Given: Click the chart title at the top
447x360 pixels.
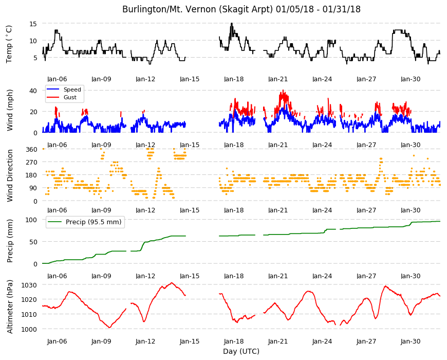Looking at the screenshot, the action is coord(241,9).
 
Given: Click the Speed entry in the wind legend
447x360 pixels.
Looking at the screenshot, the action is coord(72,89).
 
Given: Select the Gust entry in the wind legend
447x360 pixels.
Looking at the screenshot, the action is coord(70,97).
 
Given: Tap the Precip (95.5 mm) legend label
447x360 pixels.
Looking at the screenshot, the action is coord(94,222).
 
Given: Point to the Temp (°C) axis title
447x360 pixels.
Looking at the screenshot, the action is coord(9,44).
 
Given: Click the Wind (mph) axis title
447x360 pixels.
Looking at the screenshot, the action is coord(10,111).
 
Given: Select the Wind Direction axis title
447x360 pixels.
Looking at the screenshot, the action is coord(10,176).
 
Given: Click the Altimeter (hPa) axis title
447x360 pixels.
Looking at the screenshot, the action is coord(10,307).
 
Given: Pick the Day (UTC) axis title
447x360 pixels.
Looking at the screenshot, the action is coord(241,351).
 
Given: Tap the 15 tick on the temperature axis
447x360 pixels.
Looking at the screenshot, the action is coord(33,24).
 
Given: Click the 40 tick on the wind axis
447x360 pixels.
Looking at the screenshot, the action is coord(33,91).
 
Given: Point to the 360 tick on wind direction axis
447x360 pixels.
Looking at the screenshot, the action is coord(31,150).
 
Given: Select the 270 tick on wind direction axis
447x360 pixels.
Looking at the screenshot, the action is coord(31,163).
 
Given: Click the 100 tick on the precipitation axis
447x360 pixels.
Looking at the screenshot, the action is coord(31,220).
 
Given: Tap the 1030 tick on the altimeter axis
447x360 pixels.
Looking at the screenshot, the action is coord(30,285).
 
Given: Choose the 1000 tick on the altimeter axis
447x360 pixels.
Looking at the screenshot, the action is coord(30,329).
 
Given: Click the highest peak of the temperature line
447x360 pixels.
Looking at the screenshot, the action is coord(232,23).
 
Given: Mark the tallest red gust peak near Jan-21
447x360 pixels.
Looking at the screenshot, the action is coord(283,91).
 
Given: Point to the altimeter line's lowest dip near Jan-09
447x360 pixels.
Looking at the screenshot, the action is coord(110,327).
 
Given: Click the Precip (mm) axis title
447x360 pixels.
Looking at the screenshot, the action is coord(10,241).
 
